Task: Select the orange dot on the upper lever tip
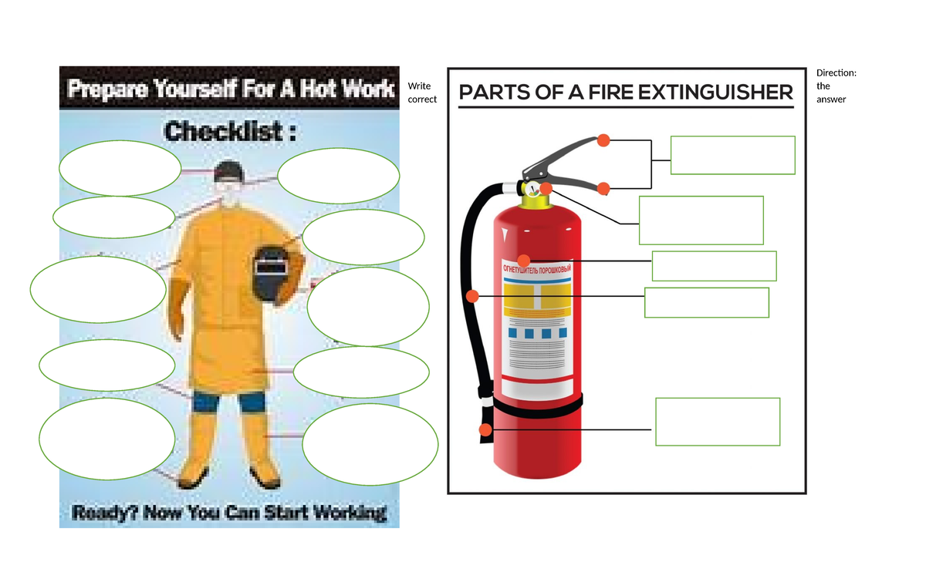point(603,140)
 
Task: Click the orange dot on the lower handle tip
point(603,189)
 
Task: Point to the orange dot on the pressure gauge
point(546,188)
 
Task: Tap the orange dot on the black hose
point(473,295)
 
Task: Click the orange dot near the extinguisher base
point(485,429)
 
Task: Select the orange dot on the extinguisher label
point(524,261)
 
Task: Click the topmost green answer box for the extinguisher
point(732,155)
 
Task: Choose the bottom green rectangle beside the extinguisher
point(718,422)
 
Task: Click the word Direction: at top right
point(836,73)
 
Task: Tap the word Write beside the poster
point(419,86)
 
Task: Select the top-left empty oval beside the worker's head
point(120,167)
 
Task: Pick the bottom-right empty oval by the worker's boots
point(370,445)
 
